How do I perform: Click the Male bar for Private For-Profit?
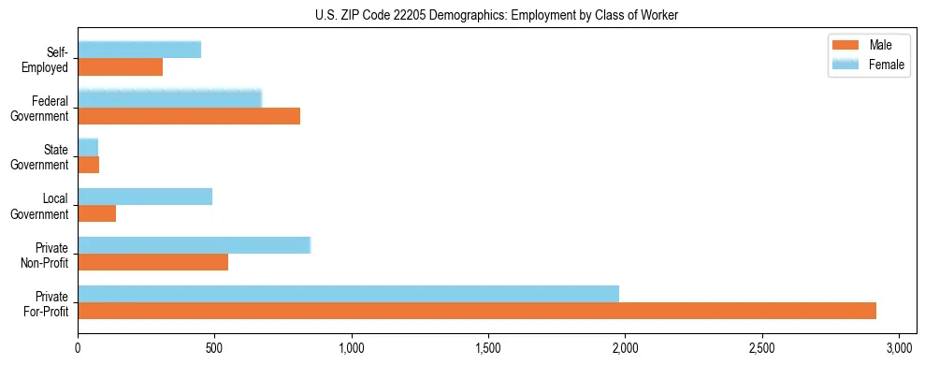pyautogui.click(x=477, y=311)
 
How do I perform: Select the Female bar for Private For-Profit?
pyautogui.click(x=348, y=294)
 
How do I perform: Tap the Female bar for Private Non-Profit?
pyautogui.click(x=194, y=245)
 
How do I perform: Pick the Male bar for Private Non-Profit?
pyautogui.click(x=152, y=262)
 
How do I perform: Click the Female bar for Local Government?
pyautogui.click(x=145, y=197)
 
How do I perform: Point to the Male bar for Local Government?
pyautogui.click(x=96, y=213)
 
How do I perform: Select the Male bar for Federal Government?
pyautogui.click(x=189, y=116)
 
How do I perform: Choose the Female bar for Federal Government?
pyautogui.click(x=169, y=99)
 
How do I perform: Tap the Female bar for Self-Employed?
pyautogui.click(x=139, y=51)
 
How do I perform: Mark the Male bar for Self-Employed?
pyautogui.click(x=120, y=67)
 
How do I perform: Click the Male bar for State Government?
pyautogui.click(x=88, y=165)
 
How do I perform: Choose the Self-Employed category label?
pyautogui.click(x=51, y=59)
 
